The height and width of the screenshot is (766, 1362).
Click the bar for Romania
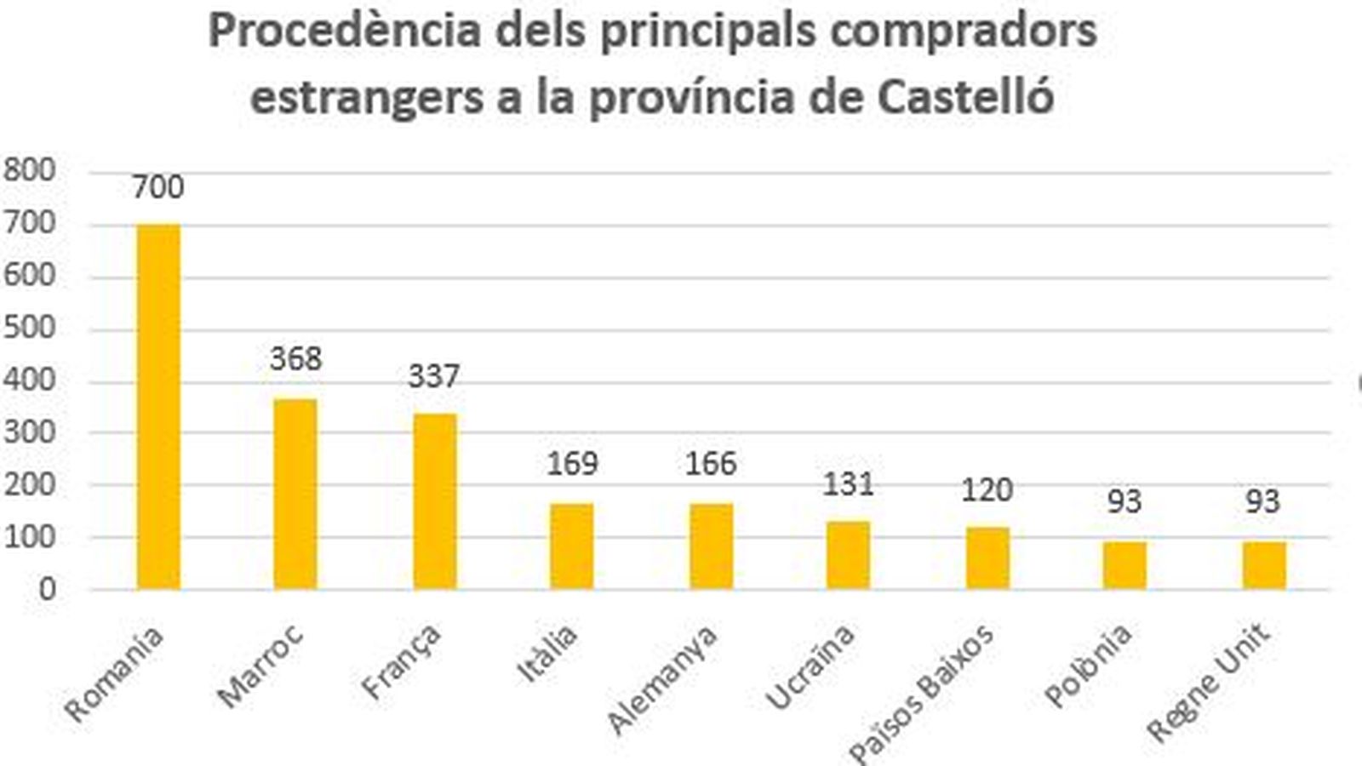[x=158, y=407]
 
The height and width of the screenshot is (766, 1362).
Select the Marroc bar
[x=295, y=494]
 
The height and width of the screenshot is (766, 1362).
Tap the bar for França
[x=434, y=501]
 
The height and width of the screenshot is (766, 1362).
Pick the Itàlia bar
[x=572, y=546]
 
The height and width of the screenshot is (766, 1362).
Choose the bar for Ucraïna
[x=849, y=555]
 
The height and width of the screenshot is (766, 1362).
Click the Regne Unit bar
[x=1263, y=565]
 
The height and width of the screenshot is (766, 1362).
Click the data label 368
[x=295, y=359]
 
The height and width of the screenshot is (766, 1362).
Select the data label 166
[x=711, y=464]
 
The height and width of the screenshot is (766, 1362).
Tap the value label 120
[x=987, y=490]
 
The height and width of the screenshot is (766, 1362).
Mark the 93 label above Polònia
[x=1124, y=501]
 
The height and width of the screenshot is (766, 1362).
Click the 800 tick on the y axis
[x=30, y=170]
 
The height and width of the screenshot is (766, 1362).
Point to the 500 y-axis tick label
[x=30, y=328]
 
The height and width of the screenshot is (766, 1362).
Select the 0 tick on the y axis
[x=46, y=589]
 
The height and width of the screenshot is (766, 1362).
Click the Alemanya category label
[x=662, y=680]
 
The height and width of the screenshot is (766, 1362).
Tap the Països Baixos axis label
[x=921, y=695]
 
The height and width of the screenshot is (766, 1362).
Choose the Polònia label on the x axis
[x=1088, y=666]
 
